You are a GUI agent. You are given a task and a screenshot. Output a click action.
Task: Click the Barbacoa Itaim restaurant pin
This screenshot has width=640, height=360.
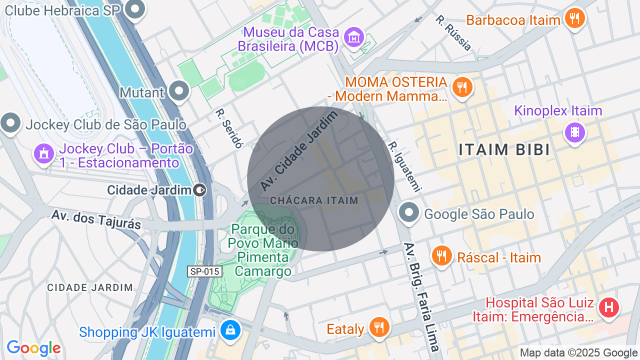coord(574,18)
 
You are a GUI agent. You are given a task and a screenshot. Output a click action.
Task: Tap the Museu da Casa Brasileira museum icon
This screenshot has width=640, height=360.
coord(354,36)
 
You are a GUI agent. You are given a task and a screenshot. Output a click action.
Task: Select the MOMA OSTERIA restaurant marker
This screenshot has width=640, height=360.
coord(462,87)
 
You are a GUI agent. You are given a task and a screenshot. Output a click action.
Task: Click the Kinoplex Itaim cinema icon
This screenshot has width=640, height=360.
coord(574,132)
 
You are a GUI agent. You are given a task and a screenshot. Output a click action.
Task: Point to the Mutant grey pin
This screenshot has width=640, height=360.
coord(179,91)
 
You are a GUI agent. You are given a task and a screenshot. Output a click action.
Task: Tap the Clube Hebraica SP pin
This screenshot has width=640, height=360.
coord(134,9)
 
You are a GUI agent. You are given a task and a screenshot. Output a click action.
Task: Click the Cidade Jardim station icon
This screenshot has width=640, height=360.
coord(200,190)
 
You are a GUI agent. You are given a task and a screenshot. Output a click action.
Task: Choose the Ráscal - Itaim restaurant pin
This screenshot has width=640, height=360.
coord(441,256)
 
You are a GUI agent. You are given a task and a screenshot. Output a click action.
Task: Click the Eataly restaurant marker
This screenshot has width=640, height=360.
coord(379,327)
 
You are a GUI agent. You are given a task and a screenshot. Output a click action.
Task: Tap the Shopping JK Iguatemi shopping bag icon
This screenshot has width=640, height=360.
coord(230,330)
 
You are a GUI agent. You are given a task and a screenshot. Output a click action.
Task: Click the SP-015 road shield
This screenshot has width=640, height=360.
coord(204,271)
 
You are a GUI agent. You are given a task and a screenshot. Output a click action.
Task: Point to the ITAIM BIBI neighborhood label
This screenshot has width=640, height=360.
coord(504,149)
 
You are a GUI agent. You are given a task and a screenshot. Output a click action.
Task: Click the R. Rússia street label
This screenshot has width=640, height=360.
coord(453,33)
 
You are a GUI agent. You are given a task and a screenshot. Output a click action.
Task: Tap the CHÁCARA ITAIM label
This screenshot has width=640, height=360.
coord(314,200)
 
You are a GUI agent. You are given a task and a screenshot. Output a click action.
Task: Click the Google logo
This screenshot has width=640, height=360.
coord(33,348)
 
